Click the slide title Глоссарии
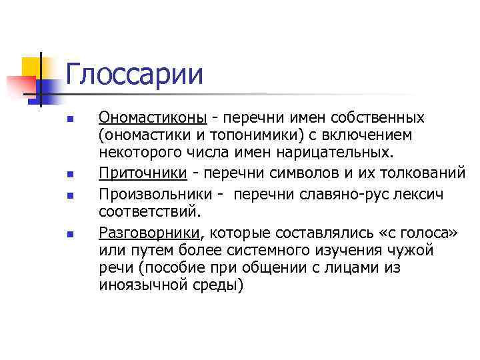point(134,74)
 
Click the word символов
point(291,174)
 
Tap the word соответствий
point(149,212)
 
